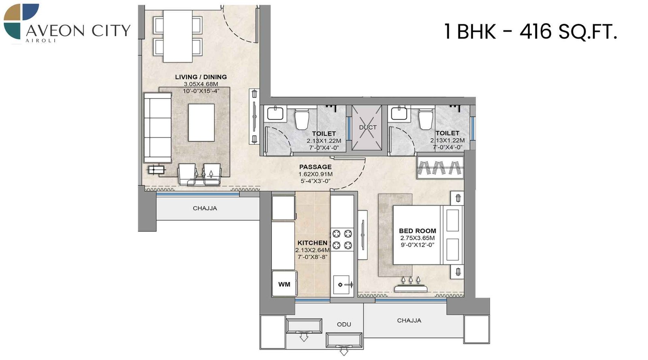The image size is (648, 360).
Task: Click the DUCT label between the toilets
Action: click(367, 127)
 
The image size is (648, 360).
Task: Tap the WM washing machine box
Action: click(284, 284)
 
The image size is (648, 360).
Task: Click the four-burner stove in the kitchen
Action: click(342, 239)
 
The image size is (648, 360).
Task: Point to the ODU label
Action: click(344, 324)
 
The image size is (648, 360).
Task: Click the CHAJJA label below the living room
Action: click(205, 208)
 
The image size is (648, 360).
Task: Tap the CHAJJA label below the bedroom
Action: click(409, 320)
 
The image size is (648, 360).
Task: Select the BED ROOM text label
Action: click(417, 231)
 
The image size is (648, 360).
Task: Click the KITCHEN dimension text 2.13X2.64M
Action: click(312, 250)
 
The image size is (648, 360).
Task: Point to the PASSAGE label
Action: click(315, 167)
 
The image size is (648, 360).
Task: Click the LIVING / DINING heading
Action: click(201, 77)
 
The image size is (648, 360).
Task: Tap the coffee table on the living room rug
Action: click(201, 122)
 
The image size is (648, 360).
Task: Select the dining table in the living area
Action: click(177, 36)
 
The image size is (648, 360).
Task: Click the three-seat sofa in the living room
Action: click(157, 128)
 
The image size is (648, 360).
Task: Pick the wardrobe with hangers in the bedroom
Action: click(440, 167)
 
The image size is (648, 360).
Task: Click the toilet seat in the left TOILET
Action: click(302, 119)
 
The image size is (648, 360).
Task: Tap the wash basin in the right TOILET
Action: click(399, 113)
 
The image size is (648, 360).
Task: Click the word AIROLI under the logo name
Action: click(40, 41)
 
